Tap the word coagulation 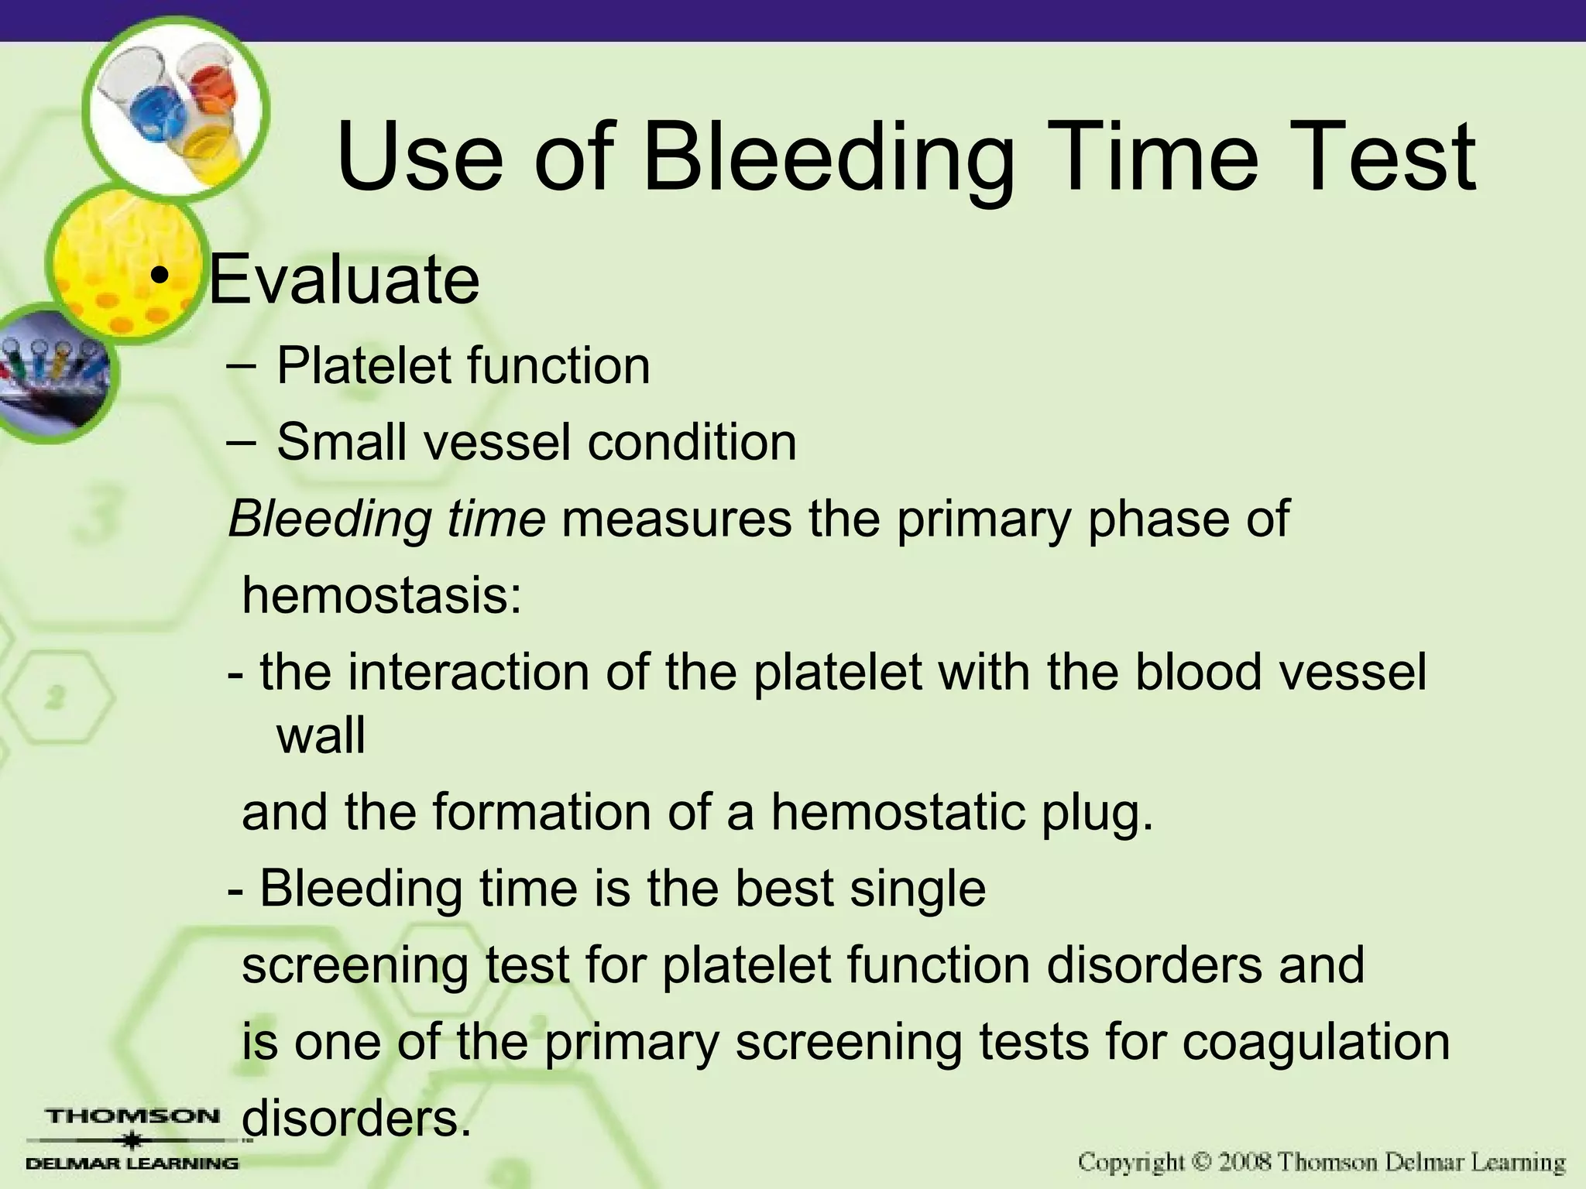coord(1316,1042)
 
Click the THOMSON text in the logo coord(133,1117)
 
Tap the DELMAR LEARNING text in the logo coord(133,1163)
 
